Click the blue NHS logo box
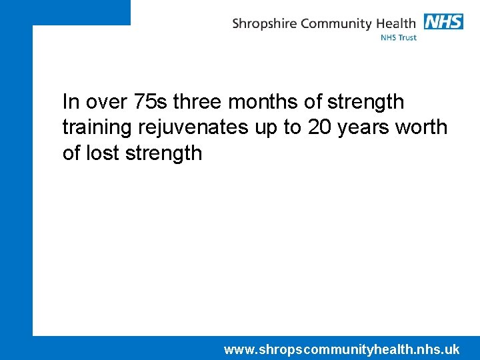pyautogui.click(x=443, y=22)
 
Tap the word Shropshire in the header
pyautogui.click(x=265, y=24)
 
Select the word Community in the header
pyautogui.click(x=336, y=24)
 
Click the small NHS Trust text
pyautogui.click(x=398, y=38)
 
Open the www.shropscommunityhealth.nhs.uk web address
pyautogui.click(x=341, y=349)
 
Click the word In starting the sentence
pyautogui.click(x=71, y=102)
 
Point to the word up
pyautogui.click(x=266, y=128)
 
